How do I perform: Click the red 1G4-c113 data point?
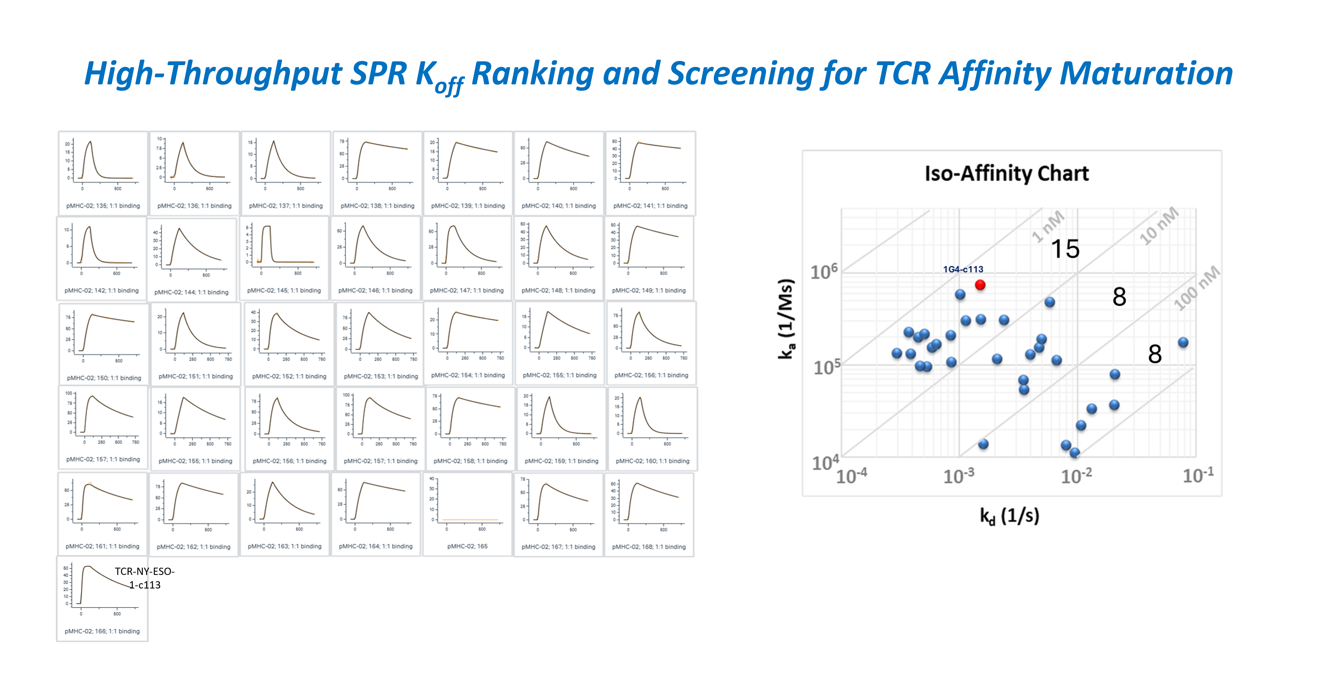coord(980,285)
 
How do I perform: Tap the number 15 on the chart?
coord(1065,249)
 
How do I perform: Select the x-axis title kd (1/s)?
coord(1009,515)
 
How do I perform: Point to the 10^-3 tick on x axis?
coord(958,475)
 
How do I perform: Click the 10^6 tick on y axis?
coord(824,271)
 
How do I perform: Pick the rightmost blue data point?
coord(1182,342)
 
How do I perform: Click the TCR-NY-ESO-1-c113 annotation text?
coord(144,578)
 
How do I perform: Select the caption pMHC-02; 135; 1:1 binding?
coord(103,206)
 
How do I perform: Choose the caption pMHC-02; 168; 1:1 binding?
coord(649,547)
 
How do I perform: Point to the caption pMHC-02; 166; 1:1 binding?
coord(102,631)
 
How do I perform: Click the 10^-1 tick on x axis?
coord(1197,475)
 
